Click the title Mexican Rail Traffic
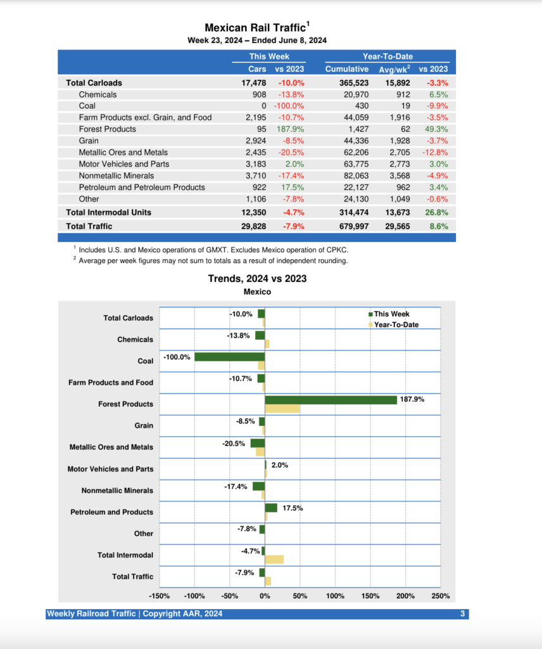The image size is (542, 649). [255, 28]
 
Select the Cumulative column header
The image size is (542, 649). [346, 68]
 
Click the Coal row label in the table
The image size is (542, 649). [87, 106]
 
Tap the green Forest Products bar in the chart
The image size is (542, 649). [331, 400]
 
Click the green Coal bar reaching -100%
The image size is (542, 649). [229, 357]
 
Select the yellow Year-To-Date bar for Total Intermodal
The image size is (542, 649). [274, 560]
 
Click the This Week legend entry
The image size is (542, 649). [391, 314]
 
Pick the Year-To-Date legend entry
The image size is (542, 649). [396, 325]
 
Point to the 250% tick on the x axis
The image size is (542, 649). [441, 596]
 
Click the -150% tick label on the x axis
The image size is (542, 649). [159, 596]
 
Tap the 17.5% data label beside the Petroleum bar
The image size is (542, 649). [293, 508]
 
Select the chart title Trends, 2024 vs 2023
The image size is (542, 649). [257, 279]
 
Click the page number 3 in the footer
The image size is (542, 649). [463, 614]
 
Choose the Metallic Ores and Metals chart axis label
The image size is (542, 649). [111, 447]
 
